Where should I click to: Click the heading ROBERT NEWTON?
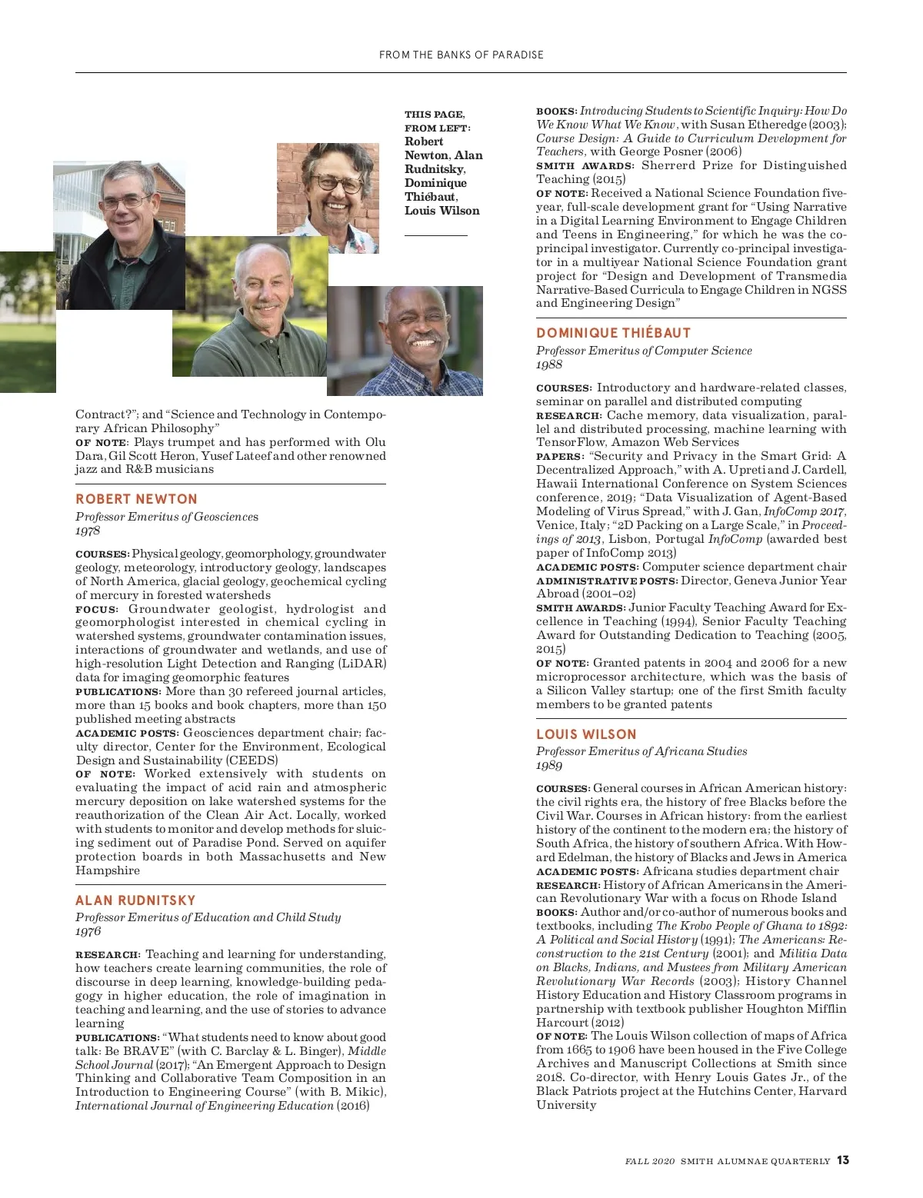click(x=136, y=499)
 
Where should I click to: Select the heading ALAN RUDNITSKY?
click(x=135, y=900)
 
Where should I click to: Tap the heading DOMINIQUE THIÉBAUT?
click(x=613, y=333)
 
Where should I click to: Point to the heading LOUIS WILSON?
click(x=586, y=734)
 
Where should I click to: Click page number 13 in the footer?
click(x=843, y=1160)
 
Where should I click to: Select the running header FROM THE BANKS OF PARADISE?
click(x=461, y=55)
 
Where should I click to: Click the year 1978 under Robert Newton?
click(x=88, y=531)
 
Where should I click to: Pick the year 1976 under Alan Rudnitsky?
click(x=88, y=931)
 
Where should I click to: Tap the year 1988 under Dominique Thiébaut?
click(x=549, y=364)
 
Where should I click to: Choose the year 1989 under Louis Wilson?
click(x=549, y=765)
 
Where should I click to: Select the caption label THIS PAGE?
click(x=435, y=115)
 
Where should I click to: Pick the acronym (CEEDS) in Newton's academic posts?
click(x=252, y=760)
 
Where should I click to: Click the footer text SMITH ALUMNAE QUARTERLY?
click(x=755, y=1161)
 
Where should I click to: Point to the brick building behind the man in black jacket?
click(x=168, y=192)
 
